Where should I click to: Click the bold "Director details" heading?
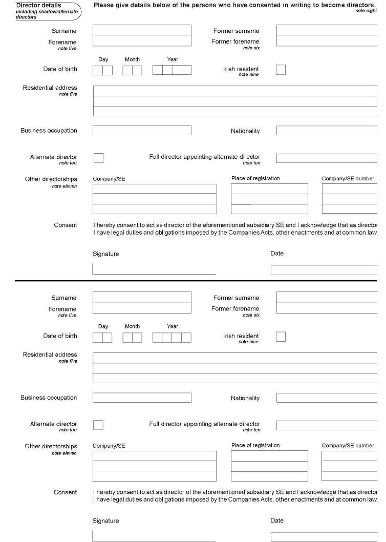pyautogui.click(x=39, y=6)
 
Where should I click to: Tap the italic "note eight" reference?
pyautogui.click(x=366, y=11)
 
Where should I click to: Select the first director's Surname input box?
pyautogui.click(x=142, y=30)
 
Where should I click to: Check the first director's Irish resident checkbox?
pyautogui.click(x=281, y=70)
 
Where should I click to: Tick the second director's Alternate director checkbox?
pyautogui.click(x=98, y=425)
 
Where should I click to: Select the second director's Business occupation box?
pyautogui.click(x=142, y=398)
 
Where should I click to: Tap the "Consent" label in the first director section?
pyautogui.click(x=66, y=225)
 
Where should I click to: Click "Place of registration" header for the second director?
pyautogui.click(x=255, y=446)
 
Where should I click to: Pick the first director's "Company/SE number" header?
pyautogui.click(x=348, y=179)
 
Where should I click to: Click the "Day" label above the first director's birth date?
pyautogui.click(x=103, y=59)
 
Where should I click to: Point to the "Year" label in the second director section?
pyautogui.click(x=173, y=326)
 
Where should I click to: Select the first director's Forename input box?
pyautogui.click(x=142, y=41)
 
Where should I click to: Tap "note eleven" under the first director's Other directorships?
pyautogui.click(x=65, y=186)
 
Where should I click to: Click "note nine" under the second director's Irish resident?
pyautogui.click(x=248, y=342)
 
